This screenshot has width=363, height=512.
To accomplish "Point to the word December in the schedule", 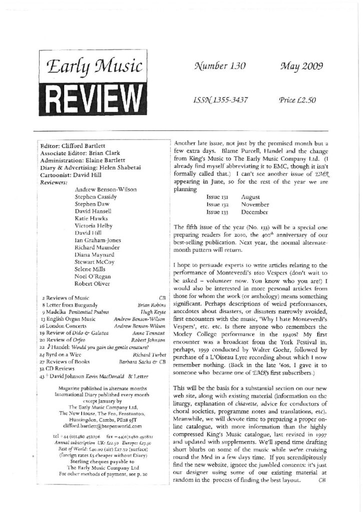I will tap(256, 212).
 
